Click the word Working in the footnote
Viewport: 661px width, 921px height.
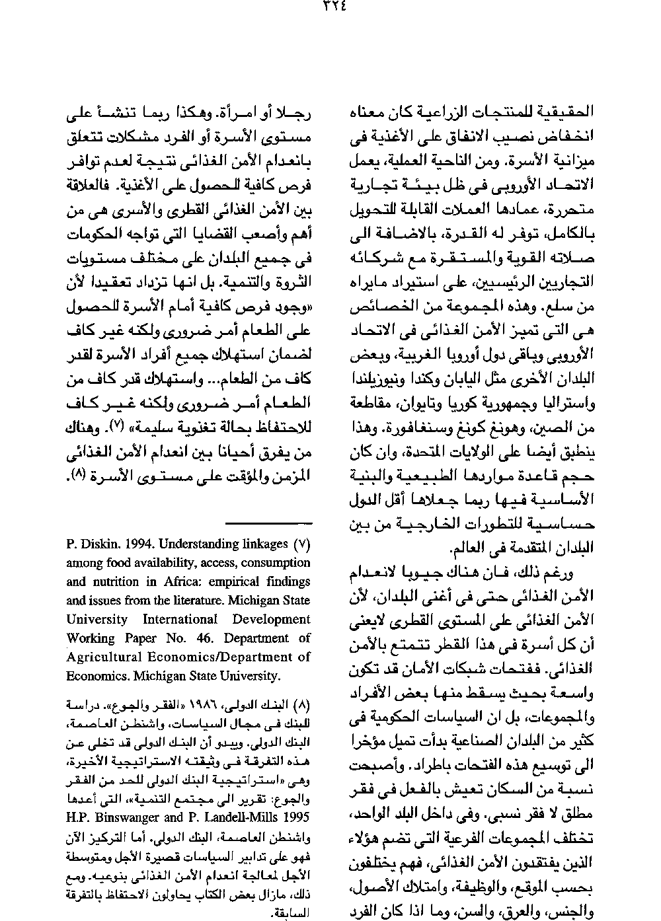[x=90, y=638]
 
